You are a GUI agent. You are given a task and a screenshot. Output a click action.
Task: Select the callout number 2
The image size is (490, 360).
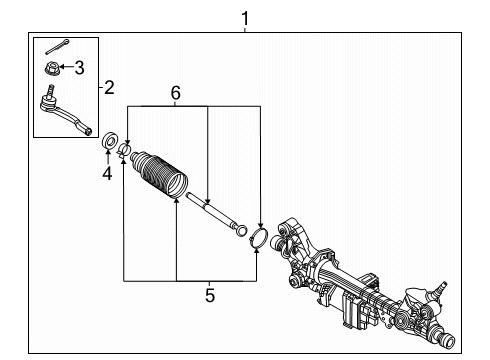point(110,88)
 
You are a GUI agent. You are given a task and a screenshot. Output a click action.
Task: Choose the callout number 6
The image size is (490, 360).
point(175,93)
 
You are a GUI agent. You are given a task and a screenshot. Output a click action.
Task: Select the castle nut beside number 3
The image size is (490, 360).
point(52,68)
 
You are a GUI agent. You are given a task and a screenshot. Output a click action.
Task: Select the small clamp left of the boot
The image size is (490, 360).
point(125,152)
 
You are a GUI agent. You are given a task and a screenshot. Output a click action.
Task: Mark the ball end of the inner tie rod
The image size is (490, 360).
point(241,232)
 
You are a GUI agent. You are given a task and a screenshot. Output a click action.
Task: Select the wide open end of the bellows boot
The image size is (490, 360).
point(176,187)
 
